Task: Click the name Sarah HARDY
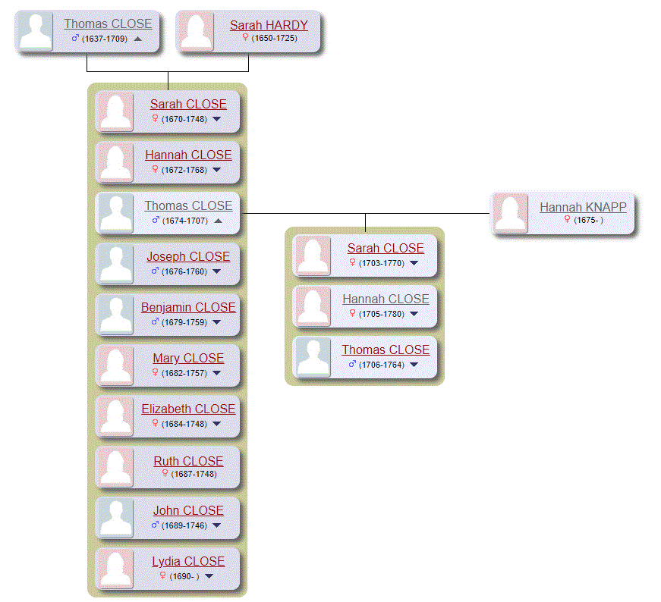[269, 25]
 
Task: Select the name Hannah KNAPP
[583, 207]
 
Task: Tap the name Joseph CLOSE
[188, 256]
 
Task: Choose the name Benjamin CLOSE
[188, 307]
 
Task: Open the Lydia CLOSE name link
[188, 561]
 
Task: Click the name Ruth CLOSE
[188, 461]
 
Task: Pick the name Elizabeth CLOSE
[188, 409]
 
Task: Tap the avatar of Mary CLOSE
[116, 365]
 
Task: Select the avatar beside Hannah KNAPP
[511, 214]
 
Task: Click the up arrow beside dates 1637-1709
[137, 38]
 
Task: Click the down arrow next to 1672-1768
[217, 170]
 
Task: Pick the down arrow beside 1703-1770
[414, 263]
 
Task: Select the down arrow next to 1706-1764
[414, 365]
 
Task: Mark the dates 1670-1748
[184, 119]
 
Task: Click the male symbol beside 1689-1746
[156, 525]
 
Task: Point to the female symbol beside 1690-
[162, 575]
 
